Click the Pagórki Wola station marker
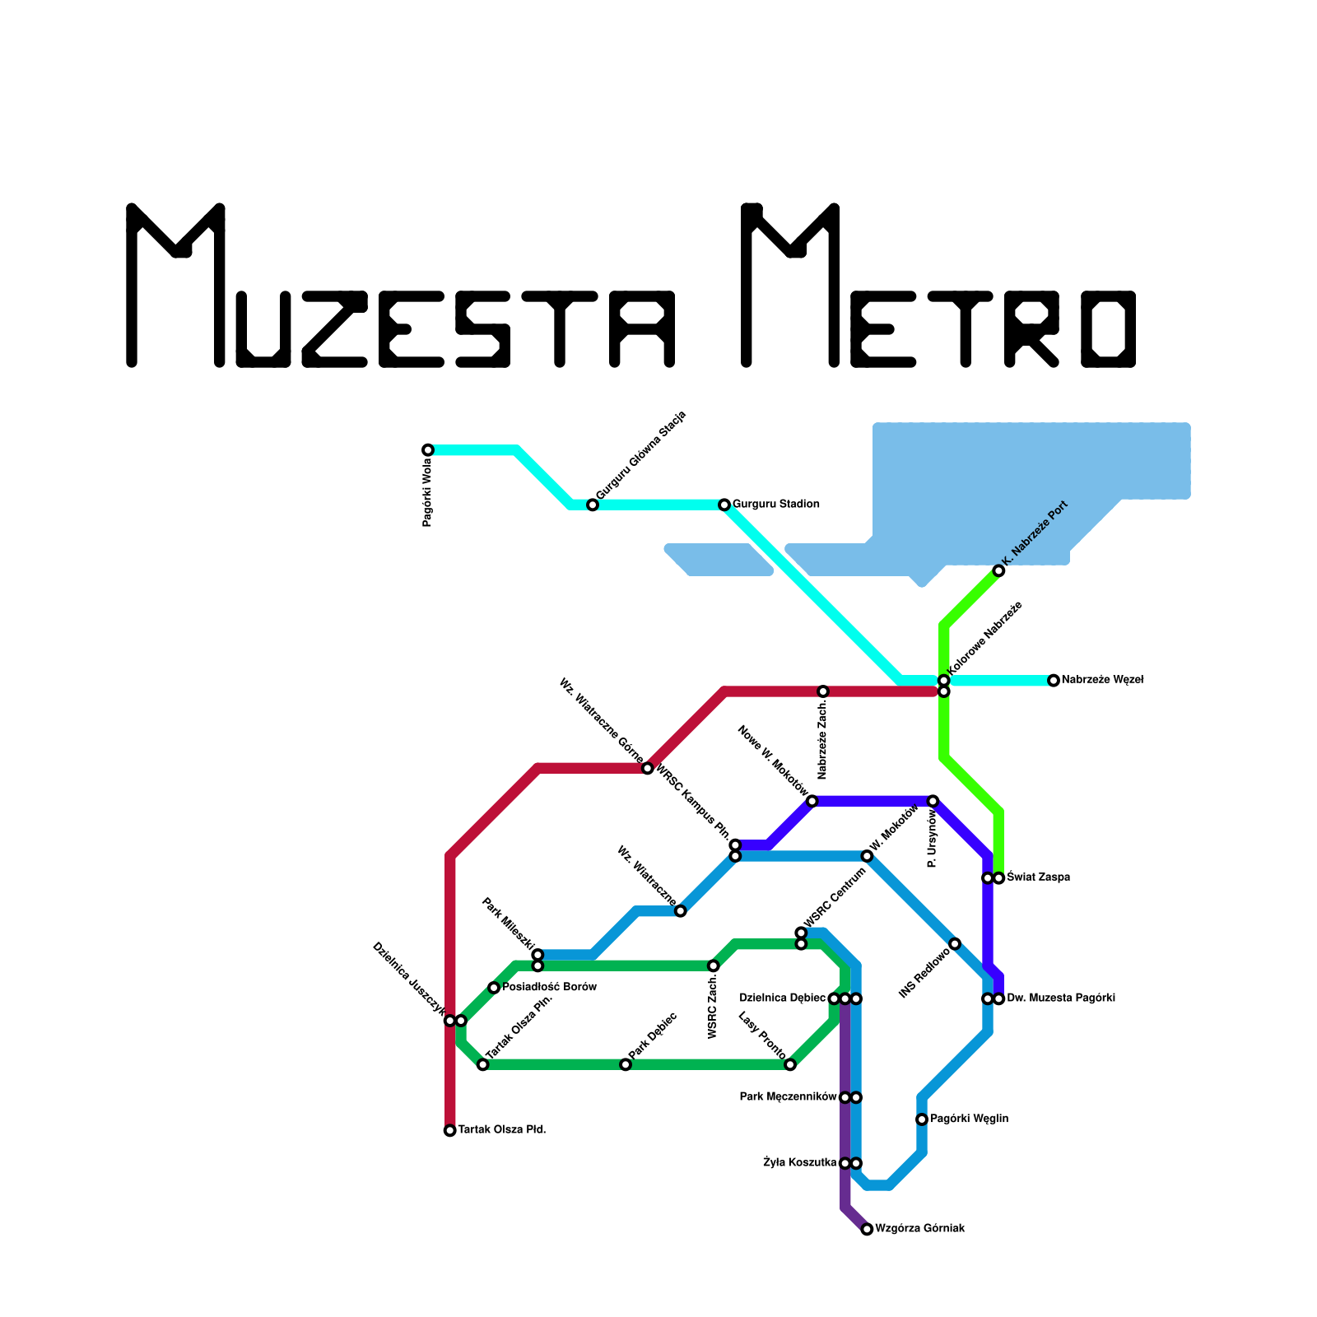point(428,450)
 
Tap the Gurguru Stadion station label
point(775,505)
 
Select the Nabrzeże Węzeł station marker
point(1054,681)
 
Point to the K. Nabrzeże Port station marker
point(998,571)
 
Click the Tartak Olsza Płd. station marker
point(450,1131)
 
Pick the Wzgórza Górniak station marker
point(867,1230)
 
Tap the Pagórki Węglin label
point(969,1119)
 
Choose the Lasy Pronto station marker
point(790,1065)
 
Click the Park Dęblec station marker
point(626,1065)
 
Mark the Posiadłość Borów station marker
point(494,988)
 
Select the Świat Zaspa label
point(1038,878)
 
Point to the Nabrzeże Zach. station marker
point(823,691)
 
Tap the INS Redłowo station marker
point(955,943)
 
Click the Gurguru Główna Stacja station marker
point(593,505)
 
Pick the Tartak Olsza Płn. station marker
point(483,1065)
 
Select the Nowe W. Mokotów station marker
point(812,802)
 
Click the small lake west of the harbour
point(719,560)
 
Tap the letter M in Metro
point(790,284)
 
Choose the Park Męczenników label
point(788,1097)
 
